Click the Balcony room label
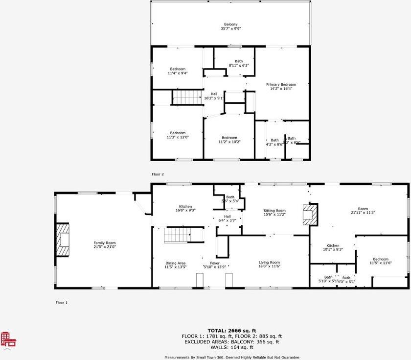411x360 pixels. click(x=230, y=24)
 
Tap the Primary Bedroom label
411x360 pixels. click(x=281, y=85)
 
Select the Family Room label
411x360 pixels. click(x=104, y=243)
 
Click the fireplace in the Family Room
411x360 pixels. click(x=63, y=240)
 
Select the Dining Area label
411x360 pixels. click(x=175, y=264)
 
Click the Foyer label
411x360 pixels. click(x=215, y=263)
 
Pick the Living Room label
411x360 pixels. click(x=269, y=263)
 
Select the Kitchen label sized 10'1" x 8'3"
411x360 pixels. click(x=333, y=246)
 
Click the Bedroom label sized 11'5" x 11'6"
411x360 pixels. click(x=380, y=259)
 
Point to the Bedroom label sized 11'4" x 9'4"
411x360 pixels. click(x=178, y=69)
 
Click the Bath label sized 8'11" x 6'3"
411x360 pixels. click(x=238, y=61)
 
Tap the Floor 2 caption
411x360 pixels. click(x=158, y=174)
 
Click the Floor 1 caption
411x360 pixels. click(x=61, y=303)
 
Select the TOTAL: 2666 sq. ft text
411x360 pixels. click(x=232, y=331)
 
